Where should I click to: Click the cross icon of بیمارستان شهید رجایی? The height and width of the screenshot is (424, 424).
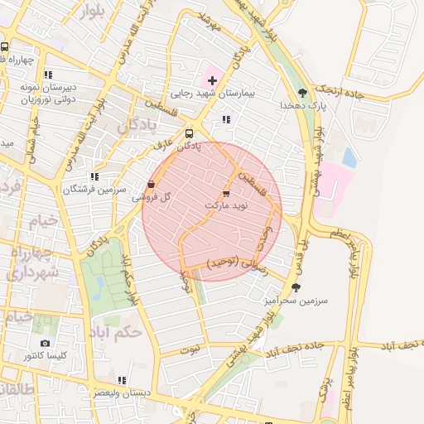213,80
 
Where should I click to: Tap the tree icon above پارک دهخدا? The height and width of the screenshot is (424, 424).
302,93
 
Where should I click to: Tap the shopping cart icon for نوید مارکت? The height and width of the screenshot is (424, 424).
227,192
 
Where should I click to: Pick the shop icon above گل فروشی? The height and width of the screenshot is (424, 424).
151,184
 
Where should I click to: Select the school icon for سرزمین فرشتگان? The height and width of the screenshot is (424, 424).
94,176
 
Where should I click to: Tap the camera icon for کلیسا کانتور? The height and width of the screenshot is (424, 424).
45,343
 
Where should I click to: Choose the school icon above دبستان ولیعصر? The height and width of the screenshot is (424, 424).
123,380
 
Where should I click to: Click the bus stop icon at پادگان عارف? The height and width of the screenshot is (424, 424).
190,133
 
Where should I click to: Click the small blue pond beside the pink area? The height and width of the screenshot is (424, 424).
349,157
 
